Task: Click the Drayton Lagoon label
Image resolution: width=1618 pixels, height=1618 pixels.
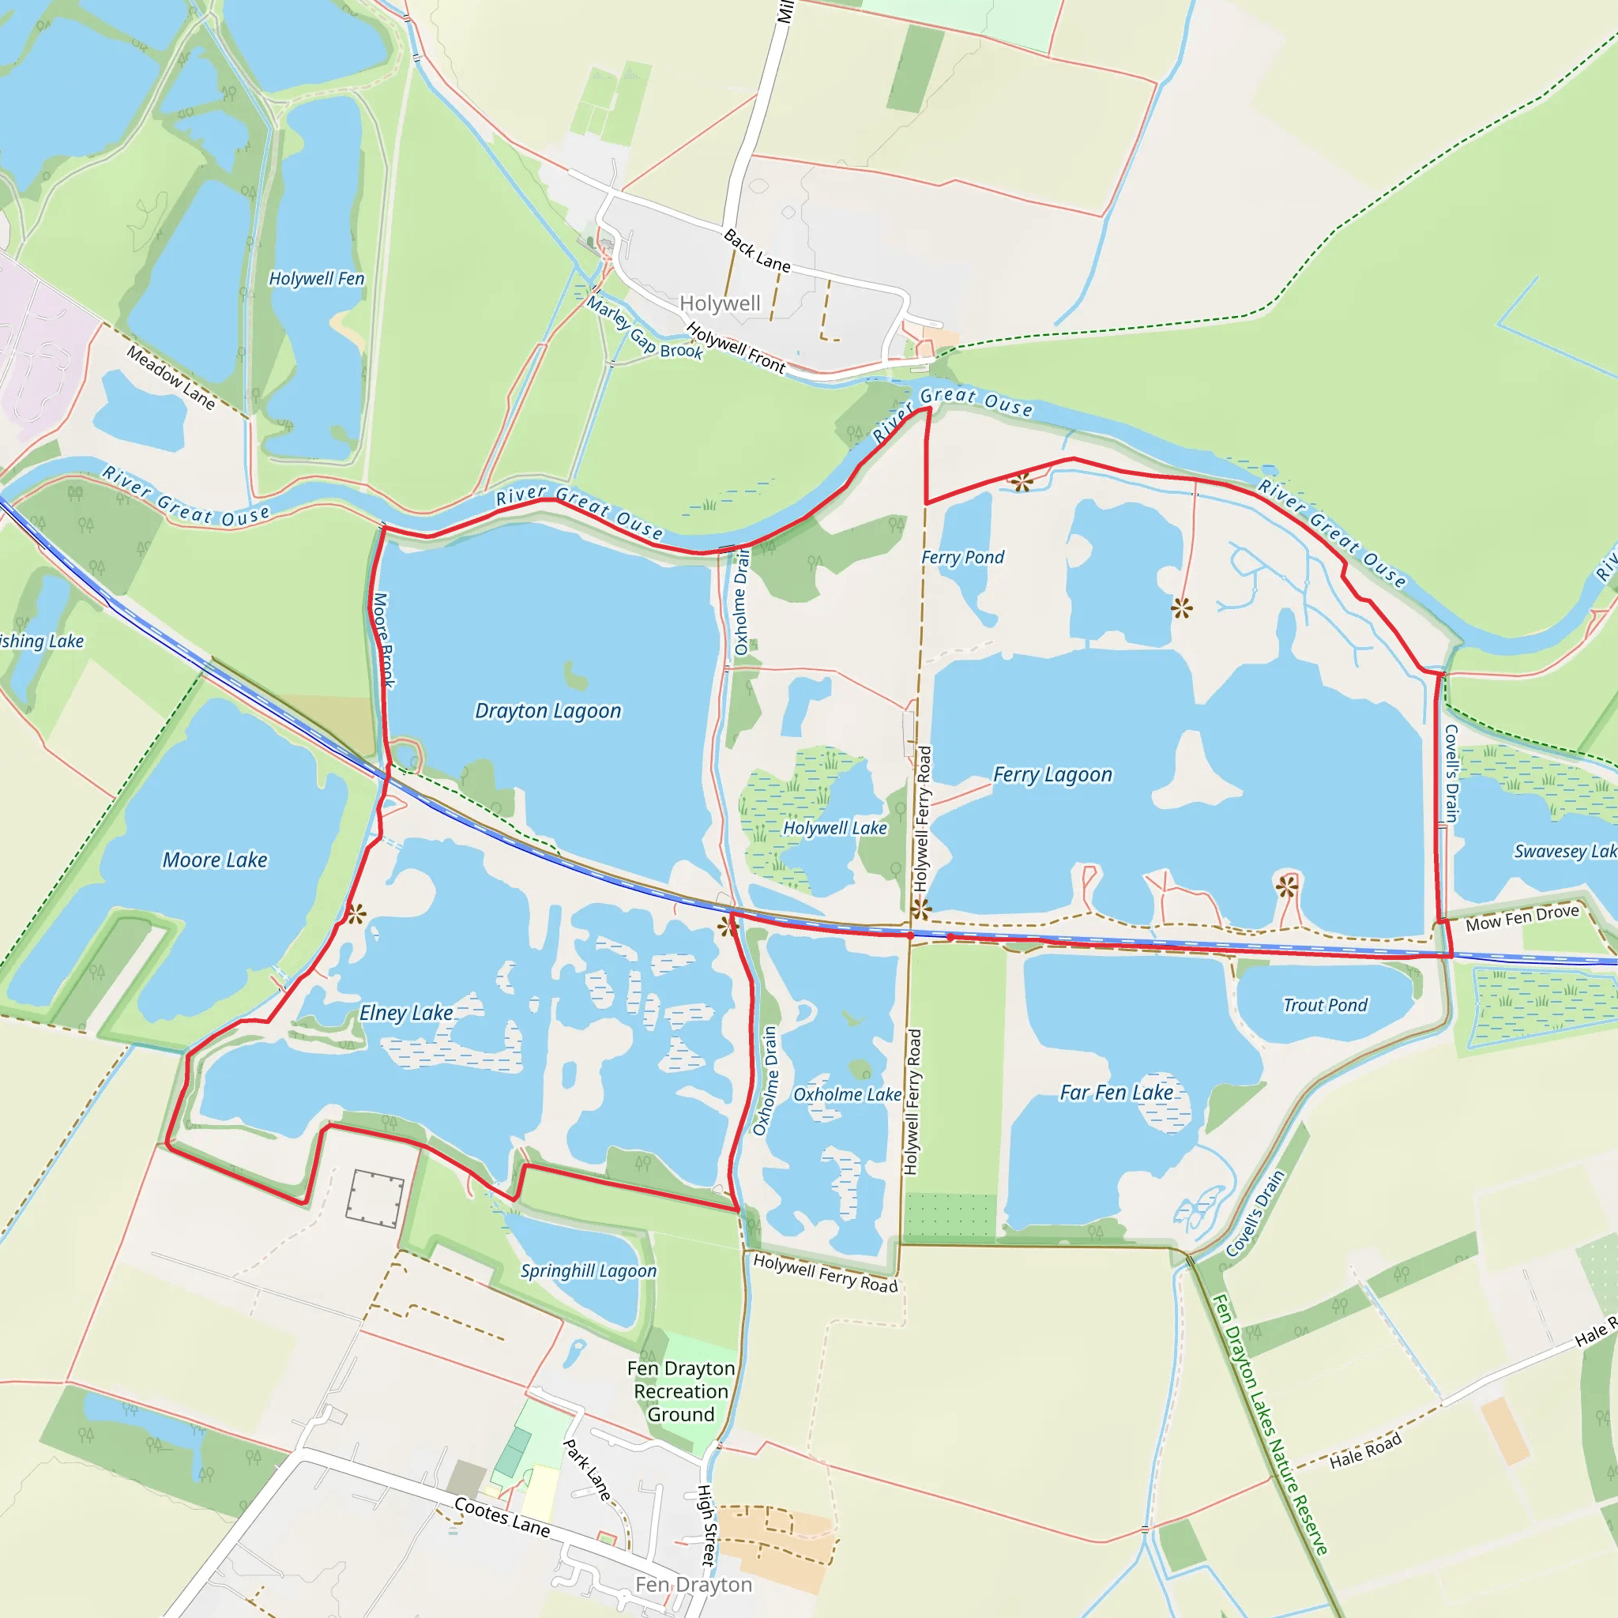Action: click(x=547, y=711)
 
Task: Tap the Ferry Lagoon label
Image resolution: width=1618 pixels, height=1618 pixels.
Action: click(x=1052, y=775)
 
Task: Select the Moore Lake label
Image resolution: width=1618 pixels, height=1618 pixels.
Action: click(x=214, y=860)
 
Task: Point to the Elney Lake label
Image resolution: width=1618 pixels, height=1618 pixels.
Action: click(x=406, y=1014)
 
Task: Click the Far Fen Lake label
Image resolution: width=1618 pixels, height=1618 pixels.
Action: click(x=1116, y=1093)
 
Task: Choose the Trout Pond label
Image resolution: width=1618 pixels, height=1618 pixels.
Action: click(x=1325, y=1005)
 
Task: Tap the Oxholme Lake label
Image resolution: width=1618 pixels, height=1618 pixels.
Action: click(x=847, y=1094)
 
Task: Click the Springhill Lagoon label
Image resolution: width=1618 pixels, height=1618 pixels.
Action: click(x=589, y=1270)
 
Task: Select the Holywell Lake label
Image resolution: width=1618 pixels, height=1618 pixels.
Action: click(x=834, y=828)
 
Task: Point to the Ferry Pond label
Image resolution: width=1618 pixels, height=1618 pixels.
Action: click(x=962, y=558)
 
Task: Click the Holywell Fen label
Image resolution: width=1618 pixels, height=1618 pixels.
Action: click(x=317, y=278)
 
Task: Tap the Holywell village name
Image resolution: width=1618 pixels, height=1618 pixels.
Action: click(x=721, y=303)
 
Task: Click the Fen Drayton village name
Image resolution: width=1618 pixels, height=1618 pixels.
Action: click(x=694, y=1585)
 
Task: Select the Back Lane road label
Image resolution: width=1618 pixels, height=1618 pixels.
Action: click(x=757, y=250)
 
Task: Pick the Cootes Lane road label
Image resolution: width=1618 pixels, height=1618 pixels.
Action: click(x=502, y=1517)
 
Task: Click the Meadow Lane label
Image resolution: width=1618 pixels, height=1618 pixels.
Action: click(x=171, y=378)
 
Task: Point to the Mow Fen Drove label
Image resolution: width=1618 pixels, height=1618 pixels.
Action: click(x=1522, y=918)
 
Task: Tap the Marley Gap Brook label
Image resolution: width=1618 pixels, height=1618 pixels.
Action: click(x=644, y=329)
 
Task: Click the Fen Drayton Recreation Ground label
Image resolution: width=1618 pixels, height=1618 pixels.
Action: click(x=681, y=1391)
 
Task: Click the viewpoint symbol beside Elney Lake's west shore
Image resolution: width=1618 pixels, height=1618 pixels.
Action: click(x=356, y=915)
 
